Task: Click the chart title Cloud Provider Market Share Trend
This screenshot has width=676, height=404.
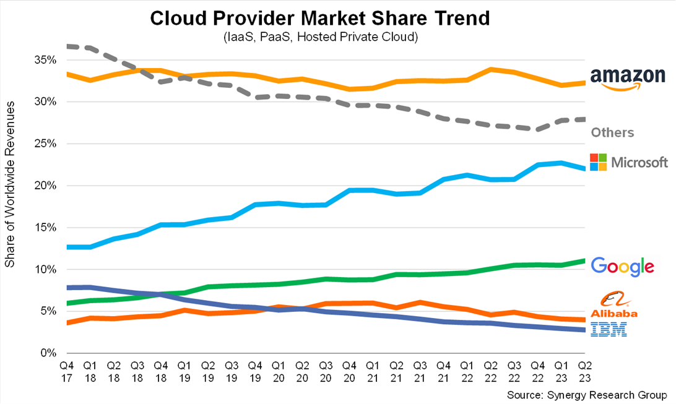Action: tap(321, 18)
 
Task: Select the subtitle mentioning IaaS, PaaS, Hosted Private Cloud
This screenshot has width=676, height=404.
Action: tap(321, 38)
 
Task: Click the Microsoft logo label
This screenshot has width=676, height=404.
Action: tap(629, 162)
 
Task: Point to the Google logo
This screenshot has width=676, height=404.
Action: tap(622, 266)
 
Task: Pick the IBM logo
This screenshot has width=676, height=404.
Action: tap(609, 329)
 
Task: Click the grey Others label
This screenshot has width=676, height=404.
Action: tap(612, 132)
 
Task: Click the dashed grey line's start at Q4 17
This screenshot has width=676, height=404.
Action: tap(67, 46)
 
